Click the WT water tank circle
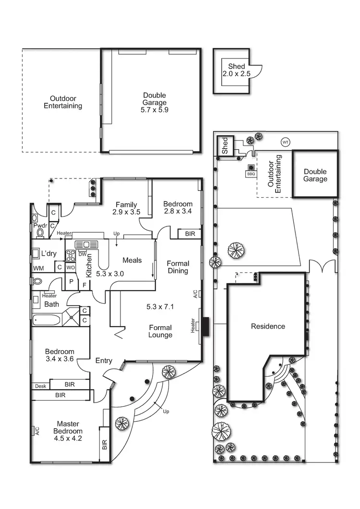tap(286, 142)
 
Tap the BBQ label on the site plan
tap(251, 174)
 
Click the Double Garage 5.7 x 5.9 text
tap(155, 102)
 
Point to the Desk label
tap(40, 386)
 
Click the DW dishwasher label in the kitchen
tap(82, 254)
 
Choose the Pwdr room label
tap(40, 225)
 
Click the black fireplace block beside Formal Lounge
tap(205, 327)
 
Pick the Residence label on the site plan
tap(268, 326)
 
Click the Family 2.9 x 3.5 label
tap(125, 208)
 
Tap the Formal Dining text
tap(178, 267)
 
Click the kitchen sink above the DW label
tap(86, 245)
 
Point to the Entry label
tap(104, 360)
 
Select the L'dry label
tap(49, 253)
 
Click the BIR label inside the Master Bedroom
tap(105, 445)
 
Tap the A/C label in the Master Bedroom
tap(37, 431)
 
